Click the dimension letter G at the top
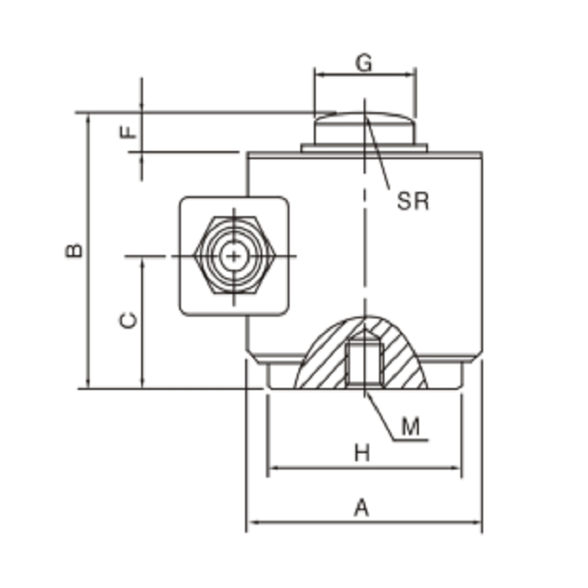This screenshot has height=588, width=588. click(364, 63)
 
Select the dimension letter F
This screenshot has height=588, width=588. click(130, 132)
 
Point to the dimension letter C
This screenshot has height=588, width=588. click(129, 319)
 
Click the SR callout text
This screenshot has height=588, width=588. click(413, 201)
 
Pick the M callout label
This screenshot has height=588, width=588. click(411, 426)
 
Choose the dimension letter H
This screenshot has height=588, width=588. click(362, 453)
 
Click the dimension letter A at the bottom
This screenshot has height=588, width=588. click(361, 508)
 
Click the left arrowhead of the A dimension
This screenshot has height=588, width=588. click(251, 523)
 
